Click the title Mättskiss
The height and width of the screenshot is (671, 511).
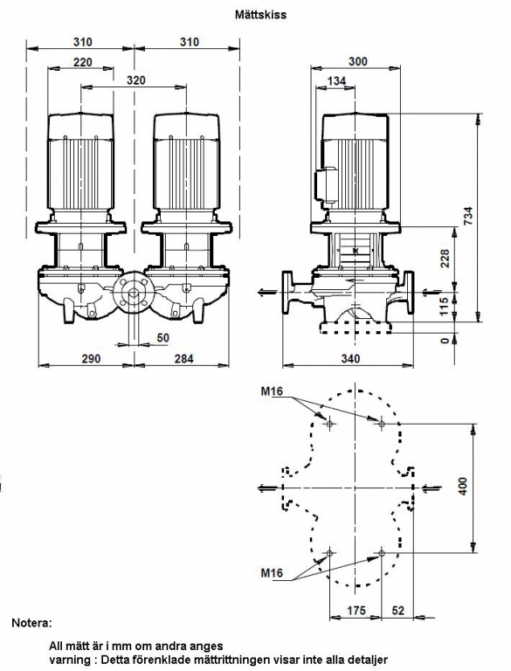point(260,15)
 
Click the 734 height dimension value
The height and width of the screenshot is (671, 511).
point(468,217)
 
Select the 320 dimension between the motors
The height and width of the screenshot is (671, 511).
point(136,80)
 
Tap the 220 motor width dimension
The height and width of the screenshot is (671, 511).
point(83,63)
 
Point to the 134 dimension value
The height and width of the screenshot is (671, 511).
point(337,81)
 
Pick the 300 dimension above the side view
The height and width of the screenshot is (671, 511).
point(358,61)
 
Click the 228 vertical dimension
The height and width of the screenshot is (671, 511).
point(445,259)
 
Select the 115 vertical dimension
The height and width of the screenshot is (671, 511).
point(445,307)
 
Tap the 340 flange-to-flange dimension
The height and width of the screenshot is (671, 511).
point(351,358)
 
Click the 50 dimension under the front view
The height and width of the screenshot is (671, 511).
point(163,338)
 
